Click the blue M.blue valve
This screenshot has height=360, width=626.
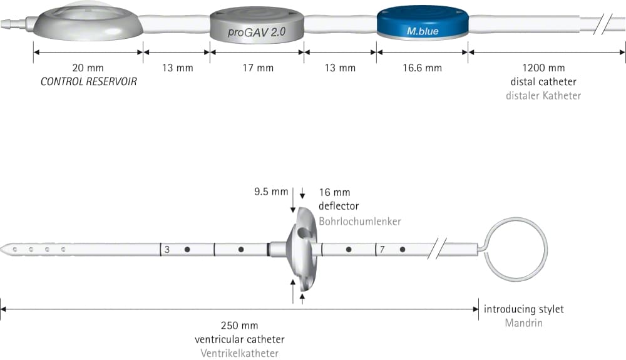click(423, 23)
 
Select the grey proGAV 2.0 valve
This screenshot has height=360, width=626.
click(257, 25)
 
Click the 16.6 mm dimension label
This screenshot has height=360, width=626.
click(422, 68)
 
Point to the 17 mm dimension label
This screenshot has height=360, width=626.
click(258, 68)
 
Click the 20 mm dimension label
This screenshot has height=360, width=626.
click(88, 68)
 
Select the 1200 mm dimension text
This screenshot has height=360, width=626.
click(543, 68)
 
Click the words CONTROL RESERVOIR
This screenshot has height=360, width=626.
click(89, 82)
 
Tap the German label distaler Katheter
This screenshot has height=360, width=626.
click(543, 96)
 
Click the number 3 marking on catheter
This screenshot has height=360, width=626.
click(167, 250)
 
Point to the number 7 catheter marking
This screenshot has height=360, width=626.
click(382, 250)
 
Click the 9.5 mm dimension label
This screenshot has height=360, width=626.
click(271, 192)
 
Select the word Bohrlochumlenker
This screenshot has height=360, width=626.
click(360, 222)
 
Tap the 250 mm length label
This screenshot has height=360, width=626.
click(240, 326)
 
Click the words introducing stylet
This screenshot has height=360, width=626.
click(524, 309)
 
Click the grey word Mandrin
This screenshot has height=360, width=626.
click(524, 323)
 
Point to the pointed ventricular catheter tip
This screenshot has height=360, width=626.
click(1, 249)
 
